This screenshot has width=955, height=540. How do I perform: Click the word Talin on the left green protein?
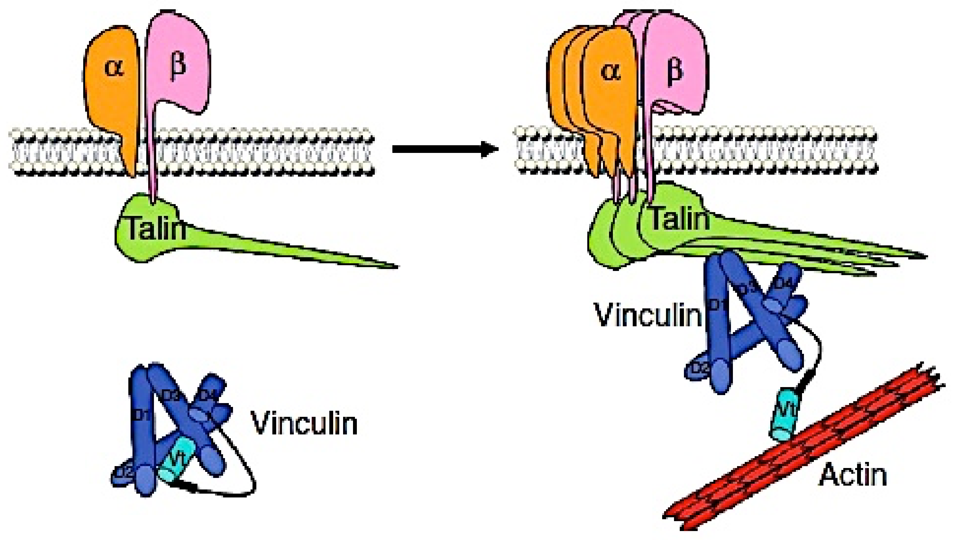[x=156, y=228]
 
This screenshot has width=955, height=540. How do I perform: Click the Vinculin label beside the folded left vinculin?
[x=304, y=423]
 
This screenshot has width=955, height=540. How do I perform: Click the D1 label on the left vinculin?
[x=142, y=417]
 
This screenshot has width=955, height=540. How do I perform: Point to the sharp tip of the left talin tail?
[x=396, y=266]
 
